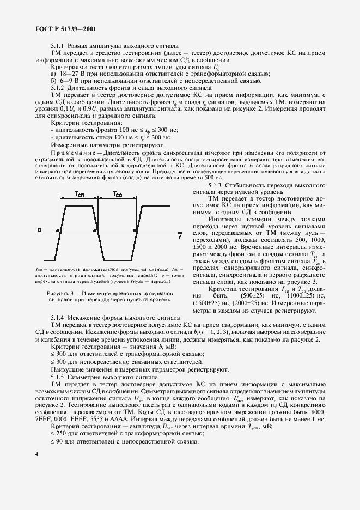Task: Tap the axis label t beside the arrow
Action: [180, 238]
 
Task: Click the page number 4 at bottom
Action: [36, 454]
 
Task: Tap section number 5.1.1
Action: [58, 46]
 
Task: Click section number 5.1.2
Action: [58, 87]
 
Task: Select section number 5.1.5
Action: [58, 377]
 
